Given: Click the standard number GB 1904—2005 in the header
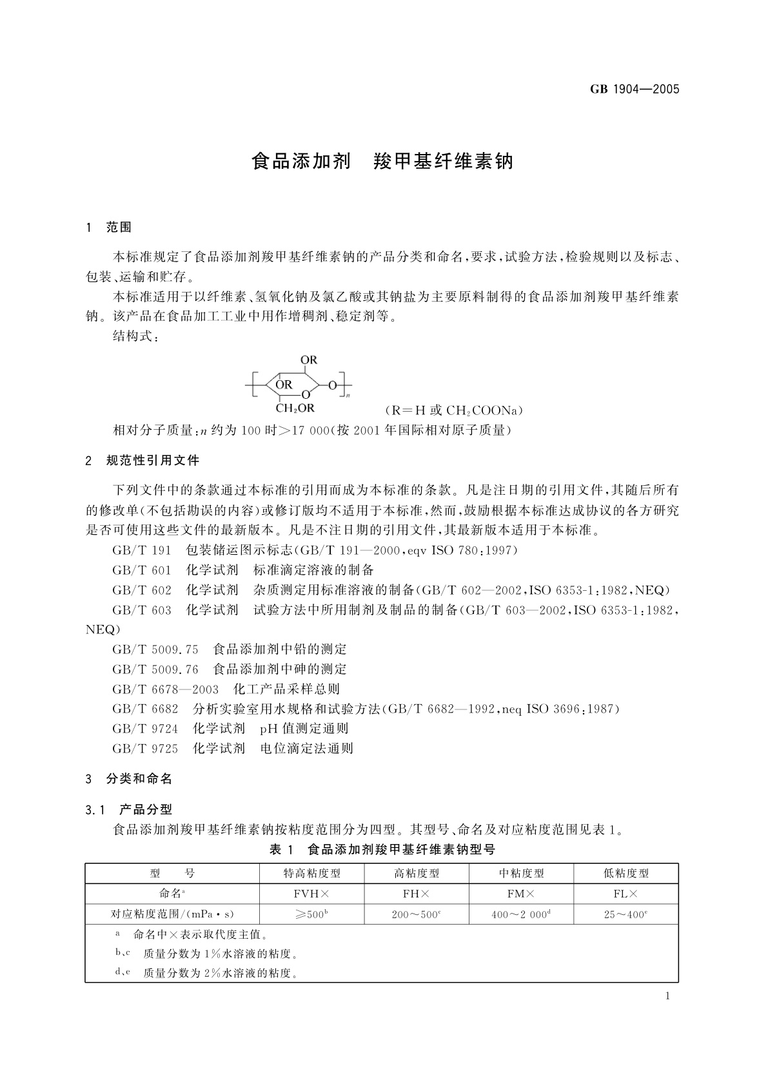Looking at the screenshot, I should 635,90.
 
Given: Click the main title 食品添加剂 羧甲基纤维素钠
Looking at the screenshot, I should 382,161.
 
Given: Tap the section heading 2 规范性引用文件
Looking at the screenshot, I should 143,461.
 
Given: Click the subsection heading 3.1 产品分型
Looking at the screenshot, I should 129,810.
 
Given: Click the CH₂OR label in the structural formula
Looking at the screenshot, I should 295,408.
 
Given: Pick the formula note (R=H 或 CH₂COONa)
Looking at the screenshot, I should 453,410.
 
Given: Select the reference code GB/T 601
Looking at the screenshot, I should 142,570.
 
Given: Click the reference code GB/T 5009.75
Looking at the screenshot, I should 155,649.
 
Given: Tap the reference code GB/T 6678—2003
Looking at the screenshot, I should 166,689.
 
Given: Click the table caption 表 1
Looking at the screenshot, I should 281,850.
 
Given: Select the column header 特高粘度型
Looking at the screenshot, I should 311,874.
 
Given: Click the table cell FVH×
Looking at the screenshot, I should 311,894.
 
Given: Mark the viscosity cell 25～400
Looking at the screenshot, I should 625,914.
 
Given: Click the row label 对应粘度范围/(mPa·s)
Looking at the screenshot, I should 172,914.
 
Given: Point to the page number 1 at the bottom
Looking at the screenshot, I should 667,996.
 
